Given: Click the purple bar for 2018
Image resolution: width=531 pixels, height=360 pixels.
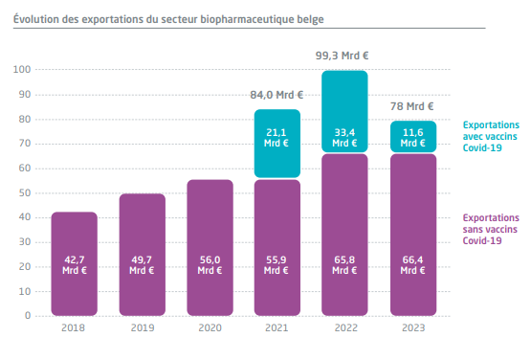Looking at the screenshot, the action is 75,263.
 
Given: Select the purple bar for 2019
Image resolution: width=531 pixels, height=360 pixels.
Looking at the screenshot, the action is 143,255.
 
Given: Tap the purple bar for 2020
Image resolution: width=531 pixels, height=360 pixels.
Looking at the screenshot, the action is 210,248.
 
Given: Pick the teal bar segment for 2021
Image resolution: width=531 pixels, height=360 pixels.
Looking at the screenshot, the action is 277,144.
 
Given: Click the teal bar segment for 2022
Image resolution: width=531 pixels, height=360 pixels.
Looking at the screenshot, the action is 344,111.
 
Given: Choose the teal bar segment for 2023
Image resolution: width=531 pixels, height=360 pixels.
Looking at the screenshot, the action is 413,136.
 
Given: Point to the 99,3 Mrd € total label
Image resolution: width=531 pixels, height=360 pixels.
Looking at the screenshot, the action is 342,56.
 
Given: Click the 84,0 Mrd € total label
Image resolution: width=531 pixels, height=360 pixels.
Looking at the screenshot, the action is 277,95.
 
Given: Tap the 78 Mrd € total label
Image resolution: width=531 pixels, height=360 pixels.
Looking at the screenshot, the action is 411,106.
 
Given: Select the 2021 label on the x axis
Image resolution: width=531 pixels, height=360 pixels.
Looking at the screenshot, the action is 277,327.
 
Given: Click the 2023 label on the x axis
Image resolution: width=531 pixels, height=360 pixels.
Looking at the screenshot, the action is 413,327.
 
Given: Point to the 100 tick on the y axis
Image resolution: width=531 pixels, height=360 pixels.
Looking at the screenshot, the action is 22,70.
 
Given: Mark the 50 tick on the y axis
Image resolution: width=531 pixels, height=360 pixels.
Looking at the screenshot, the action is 25,193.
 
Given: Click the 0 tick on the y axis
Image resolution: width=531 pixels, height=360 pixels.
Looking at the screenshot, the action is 28,316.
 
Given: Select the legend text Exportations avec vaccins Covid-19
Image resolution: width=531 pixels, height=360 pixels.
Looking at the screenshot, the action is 491,136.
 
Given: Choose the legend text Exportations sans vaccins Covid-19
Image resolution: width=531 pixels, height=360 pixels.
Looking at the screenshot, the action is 491,229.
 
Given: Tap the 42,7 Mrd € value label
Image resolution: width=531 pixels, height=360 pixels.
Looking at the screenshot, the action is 75,265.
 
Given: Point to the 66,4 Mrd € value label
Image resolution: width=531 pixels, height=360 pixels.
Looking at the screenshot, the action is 412,265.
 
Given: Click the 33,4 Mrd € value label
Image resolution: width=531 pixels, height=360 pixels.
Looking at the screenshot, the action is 344,138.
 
